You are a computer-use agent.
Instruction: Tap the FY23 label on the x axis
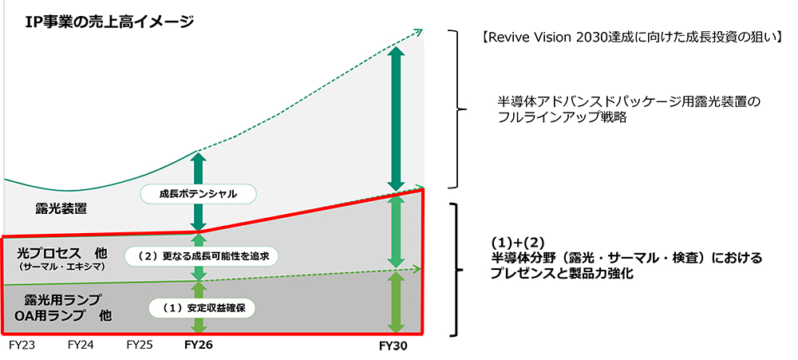click(22, 346)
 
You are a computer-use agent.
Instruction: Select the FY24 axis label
click(81, 346)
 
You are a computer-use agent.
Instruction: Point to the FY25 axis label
click(140, 346)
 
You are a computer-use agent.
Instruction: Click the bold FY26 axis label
click(199, 346)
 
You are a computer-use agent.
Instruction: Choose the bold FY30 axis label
click(394, 348)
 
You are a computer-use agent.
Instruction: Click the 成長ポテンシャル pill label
click(199, 194)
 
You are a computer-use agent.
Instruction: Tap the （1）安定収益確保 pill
click(199, 307)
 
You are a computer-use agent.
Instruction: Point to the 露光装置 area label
click(61, 209)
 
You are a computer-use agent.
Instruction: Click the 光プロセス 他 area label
click(61, 252)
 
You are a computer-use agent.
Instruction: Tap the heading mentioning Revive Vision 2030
click(631, 37)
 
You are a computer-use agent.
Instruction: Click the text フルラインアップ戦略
click(562, 117)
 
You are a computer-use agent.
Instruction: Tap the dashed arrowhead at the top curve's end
click(418, 30)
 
